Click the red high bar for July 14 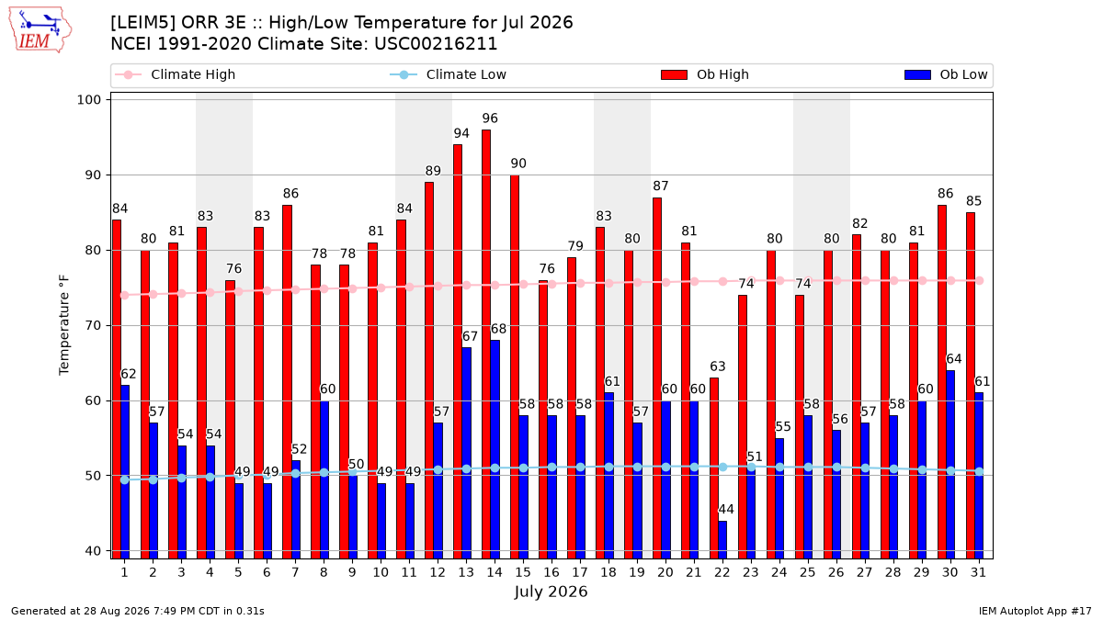pyautogui.click(x=486, y=344)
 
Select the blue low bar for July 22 pyautogui.click(x=722, y=540)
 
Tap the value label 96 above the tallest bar pyautogui.click(x=490, y=118)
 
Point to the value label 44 pyautogui.click(x=726, y=509)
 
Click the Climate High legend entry pyautogui.click(x=176, y=74)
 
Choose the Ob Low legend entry pyautogui.click(x=946, y=74)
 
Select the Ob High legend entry pyautogui.click(x=705, y=74)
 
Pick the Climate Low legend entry pyautogui.click(x=449, y=74)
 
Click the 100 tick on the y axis pyautogui.click(x=88, y=100)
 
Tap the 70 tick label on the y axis pyautogui.click(x=93, y=326)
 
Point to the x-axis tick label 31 pyautogui.click(x=978, y=573)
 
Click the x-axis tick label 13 pyautogui.click(x=466, y=573)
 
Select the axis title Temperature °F pyautogui.click(x=64, y=325)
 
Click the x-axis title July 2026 pyautogui.click(x=551, y=592)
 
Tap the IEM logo pyautogui.click(x=40, y=30)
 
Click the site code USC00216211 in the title pyautogui.click(x=436, y=44)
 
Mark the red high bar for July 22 pyautogui.click(x=714, y=468)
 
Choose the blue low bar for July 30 pyautogui.click(x=950, y=465)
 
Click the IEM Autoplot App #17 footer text pyautogui.click(x=1035, y=611)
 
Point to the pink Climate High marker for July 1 pyautogui.click(x=125, y=295)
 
